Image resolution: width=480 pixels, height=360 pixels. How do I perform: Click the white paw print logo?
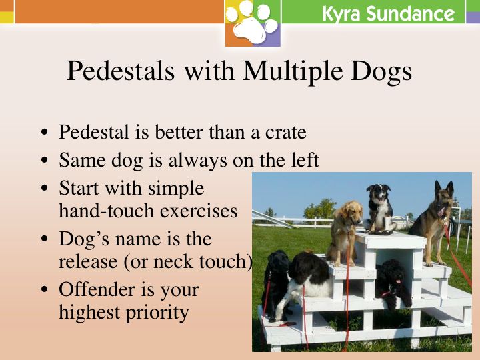coord(252,23)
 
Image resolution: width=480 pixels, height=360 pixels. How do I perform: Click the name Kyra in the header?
coord(341,14)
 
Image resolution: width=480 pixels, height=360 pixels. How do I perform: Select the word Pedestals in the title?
coord(121,71)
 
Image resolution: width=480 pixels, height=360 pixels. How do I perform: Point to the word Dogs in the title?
coord(381,72)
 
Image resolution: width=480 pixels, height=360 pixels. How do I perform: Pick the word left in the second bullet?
coord(305,160)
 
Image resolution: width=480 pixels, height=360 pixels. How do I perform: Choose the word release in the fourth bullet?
coord(88,262)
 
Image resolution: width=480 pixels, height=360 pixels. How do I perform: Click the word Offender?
coord(97,289)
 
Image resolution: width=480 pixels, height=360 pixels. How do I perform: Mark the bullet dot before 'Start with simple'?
coord(45,188)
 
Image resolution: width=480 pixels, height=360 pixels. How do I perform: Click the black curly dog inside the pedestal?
coord(394,283)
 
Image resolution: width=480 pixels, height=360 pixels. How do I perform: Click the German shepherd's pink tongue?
coord(441,211)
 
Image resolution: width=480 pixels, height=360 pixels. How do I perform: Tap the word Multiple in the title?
coord(293,72)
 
